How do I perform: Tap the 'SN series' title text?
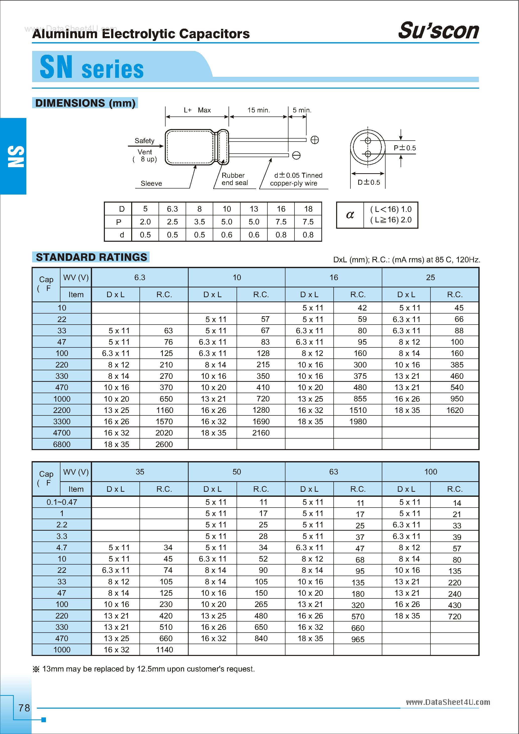[92, 68]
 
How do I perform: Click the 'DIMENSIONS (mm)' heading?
[85, 103]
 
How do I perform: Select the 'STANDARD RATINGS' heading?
[91, 257]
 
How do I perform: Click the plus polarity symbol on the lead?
[315, 140]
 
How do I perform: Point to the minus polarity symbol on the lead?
[296, 155]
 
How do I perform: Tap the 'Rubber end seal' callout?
[235, 179]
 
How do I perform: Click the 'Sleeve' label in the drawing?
[151, 183]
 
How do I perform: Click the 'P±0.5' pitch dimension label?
[405, 148]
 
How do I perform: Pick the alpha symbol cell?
[350, 215]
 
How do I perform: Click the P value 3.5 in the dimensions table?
[199, 222]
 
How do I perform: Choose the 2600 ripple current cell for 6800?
[164, 444]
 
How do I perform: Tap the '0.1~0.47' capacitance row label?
[62, 502]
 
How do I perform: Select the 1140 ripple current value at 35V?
[164, 650]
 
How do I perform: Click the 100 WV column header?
[430, 472]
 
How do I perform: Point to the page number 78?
[24, 708]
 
